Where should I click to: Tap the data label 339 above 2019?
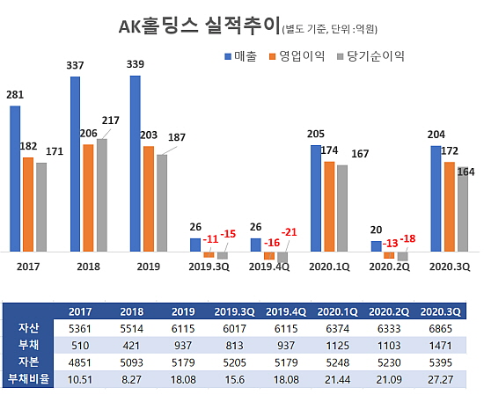136,64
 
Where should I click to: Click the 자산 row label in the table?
29,327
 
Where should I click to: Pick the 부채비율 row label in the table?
29,377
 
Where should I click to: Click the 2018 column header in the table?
133,311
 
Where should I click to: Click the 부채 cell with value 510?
79,344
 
